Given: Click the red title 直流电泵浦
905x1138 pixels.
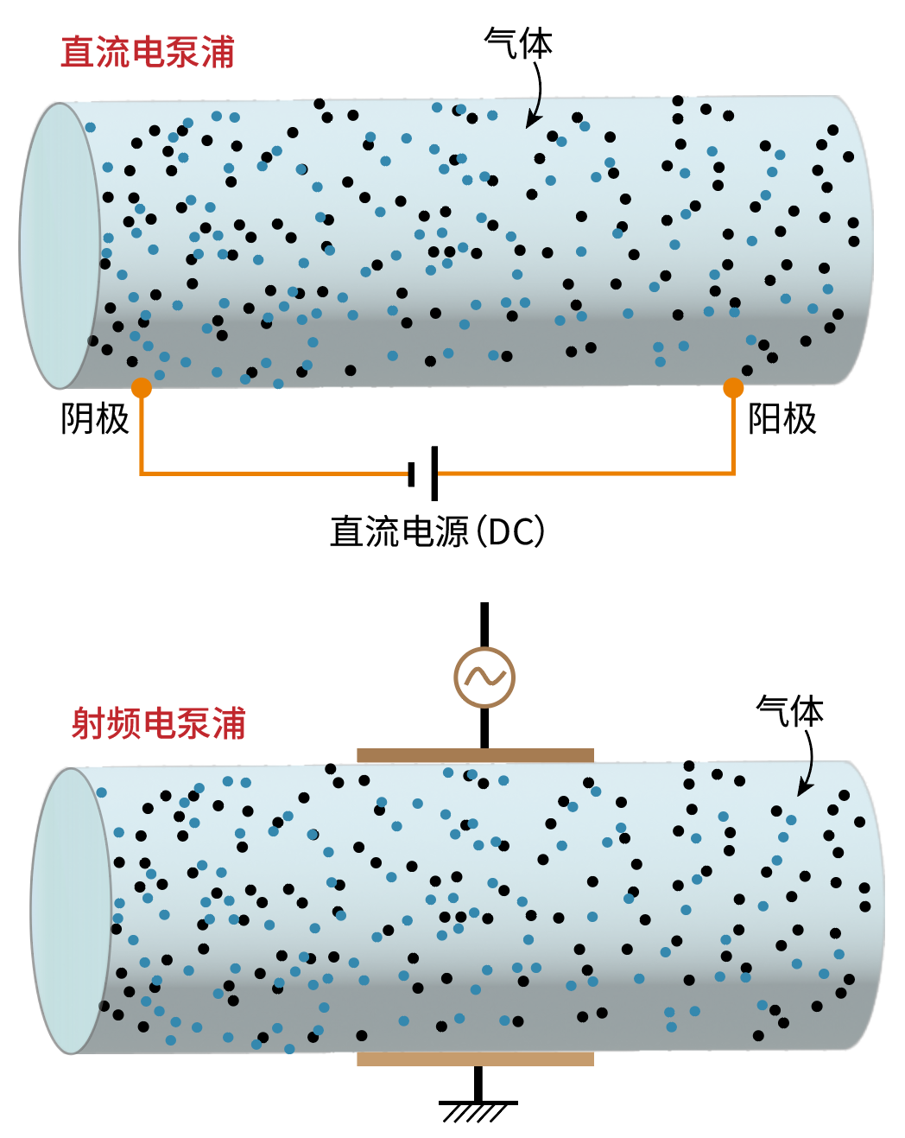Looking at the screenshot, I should tap(148, 53).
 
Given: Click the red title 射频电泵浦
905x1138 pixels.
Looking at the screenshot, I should tap(159, 723).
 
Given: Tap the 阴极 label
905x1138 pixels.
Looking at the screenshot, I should tap(95, 419).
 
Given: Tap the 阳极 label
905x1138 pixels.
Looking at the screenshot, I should tap(782, 419).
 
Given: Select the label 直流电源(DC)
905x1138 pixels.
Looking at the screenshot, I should tap(437, 531).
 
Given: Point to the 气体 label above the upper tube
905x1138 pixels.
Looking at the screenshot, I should tap(518, 43).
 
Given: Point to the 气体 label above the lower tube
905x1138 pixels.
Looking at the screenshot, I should tap(789, 711).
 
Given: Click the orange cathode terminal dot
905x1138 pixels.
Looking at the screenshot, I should tap(142, 388).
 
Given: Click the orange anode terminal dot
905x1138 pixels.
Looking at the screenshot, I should tap(733, 388).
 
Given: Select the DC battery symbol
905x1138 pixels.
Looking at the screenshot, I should tap(424, 474).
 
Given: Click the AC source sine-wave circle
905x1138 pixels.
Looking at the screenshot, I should tap(484, 677).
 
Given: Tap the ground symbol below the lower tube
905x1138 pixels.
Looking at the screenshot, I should tap(478, 1107).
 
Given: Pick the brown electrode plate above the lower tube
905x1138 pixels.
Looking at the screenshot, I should tap(475, 755).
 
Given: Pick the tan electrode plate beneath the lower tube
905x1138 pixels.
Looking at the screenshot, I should tap(475, 1059).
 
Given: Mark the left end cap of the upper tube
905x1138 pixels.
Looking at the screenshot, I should tap(59, 245).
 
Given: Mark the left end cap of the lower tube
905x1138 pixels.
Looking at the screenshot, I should tap(71, 911).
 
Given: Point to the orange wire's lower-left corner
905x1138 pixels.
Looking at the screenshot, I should tap(142, 473).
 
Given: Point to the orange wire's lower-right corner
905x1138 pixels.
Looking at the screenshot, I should tap(733, 473).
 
